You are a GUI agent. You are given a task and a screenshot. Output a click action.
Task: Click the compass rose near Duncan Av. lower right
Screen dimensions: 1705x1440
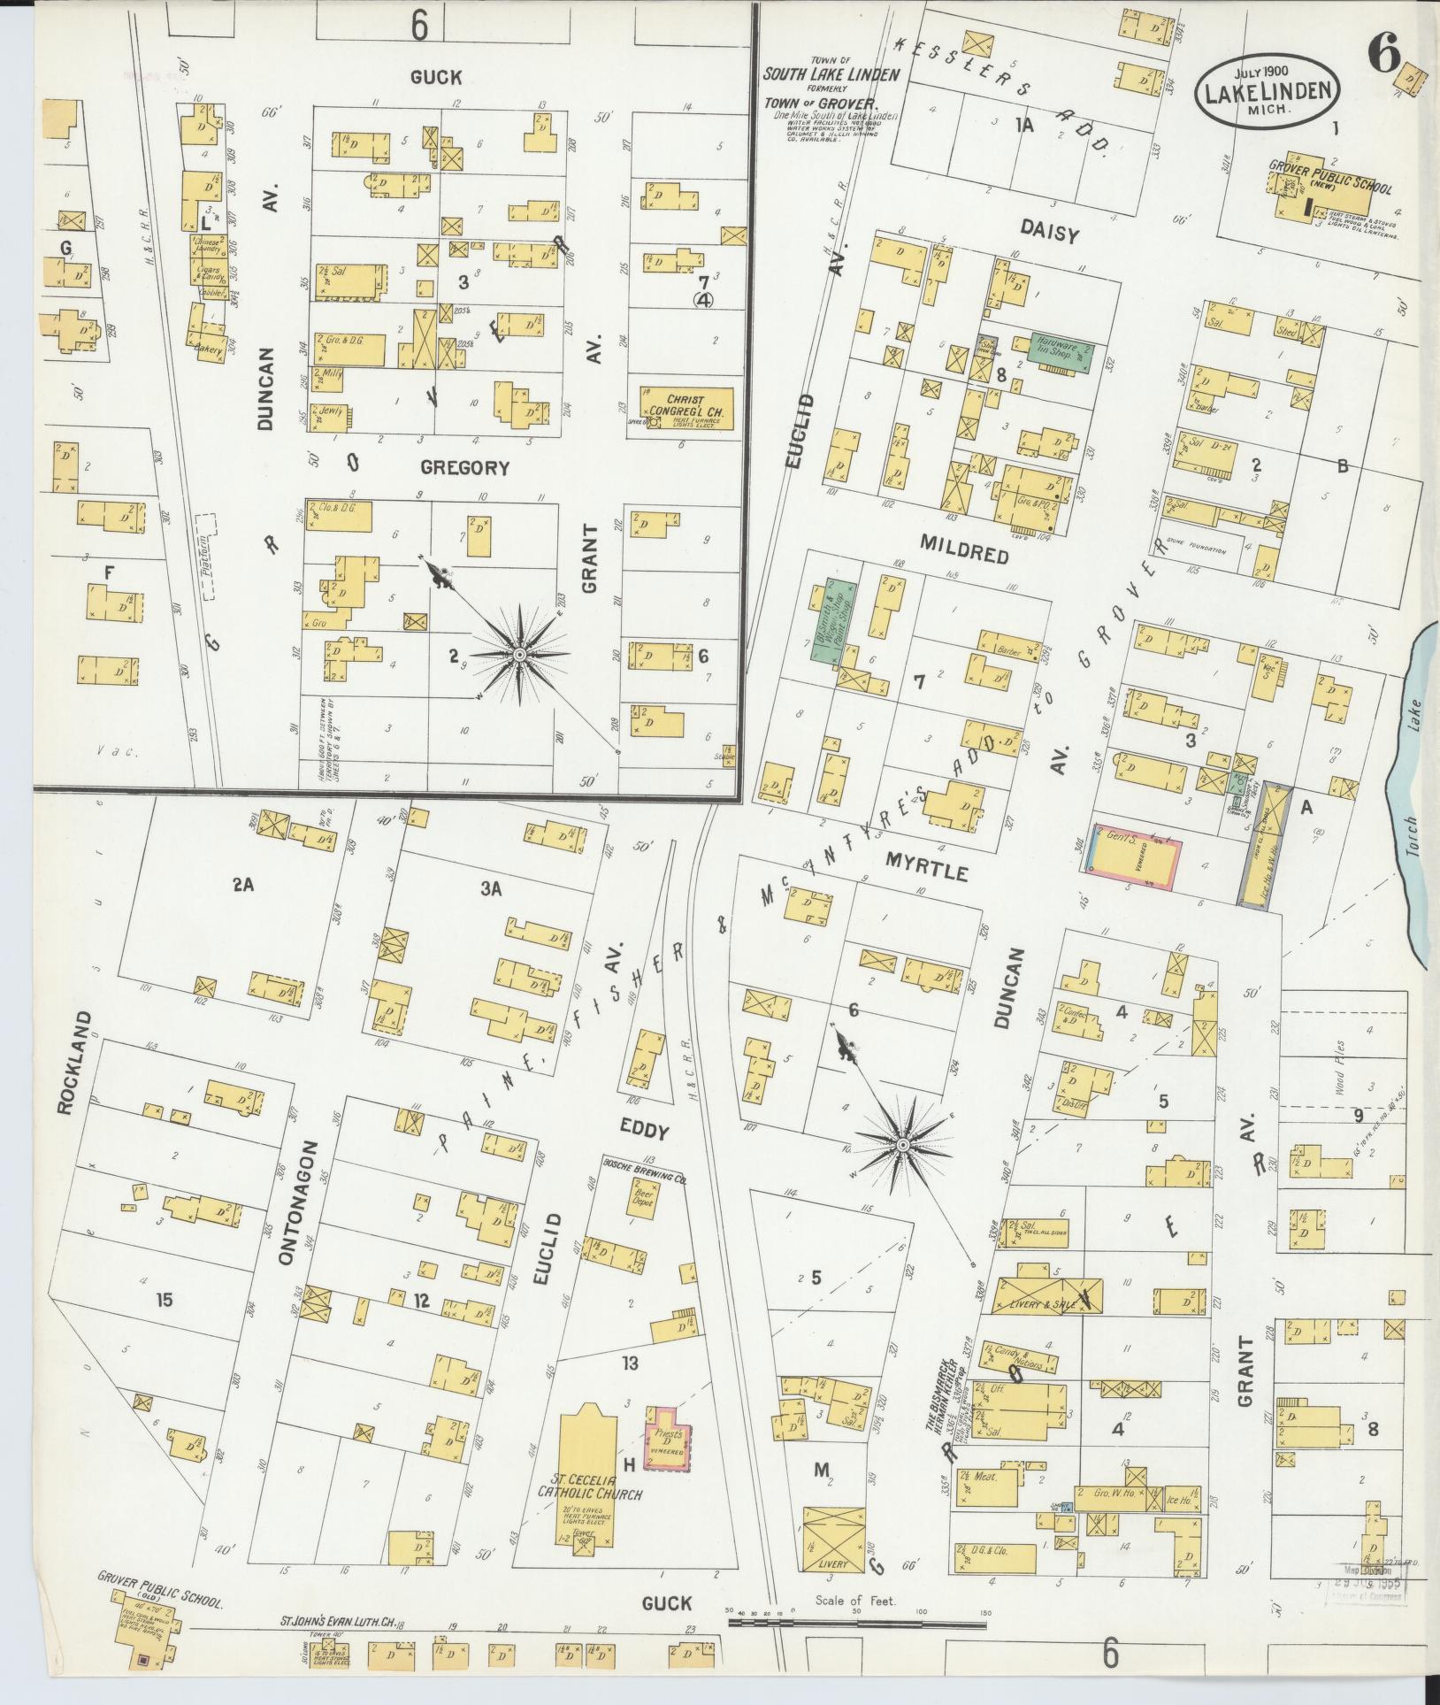(902, 1145)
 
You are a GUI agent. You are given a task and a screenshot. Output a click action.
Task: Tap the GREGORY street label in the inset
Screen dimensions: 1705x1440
(464, 467)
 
